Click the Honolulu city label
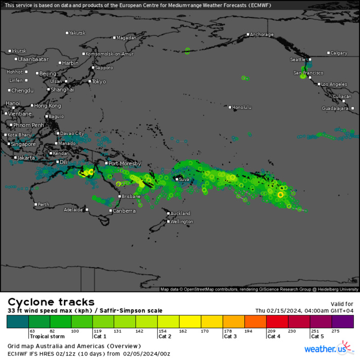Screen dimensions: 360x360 click(x=242, y=107)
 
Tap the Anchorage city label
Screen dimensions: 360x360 click(x=261, y=35)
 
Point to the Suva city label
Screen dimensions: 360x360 click(x=184, y=179)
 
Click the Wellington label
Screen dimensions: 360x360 click(x=182, y=222)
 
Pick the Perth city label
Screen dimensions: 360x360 click(x=44, y=205)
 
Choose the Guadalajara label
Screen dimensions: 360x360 click(x=335, y=109)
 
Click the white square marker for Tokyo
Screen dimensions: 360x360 click(x=90, y=81)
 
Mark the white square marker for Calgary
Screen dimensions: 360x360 click(x=329, y=53)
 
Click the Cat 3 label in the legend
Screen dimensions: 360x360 click(x=230, y=336)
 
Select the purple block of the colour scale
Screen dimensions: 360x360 click(x=343, y=321)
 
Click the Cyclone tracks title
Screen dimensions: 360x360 click(x=51, y=302)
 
